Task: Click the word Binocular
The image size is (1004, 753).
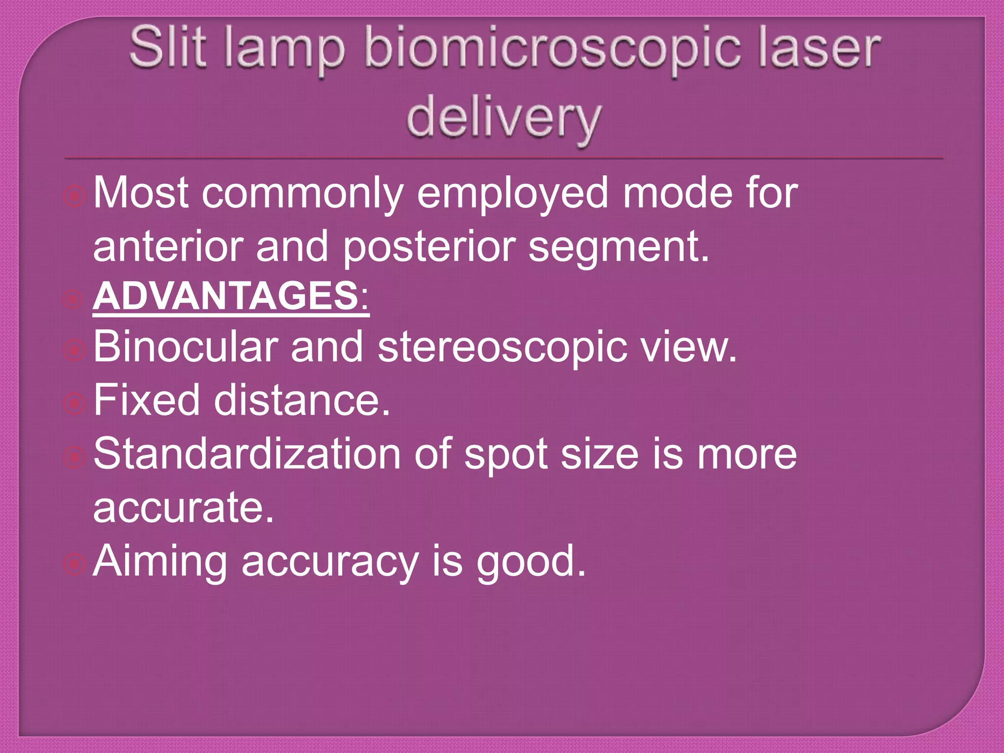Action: (185, 347)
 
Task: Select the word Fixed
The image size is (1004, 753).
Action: (147, 400)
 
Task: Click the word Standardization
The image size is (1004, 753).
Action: (247, 453)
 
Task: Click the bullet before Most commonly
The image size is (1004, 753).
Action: (75, 197)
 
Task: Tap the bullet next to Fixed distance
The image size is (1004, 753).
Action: (75, 403)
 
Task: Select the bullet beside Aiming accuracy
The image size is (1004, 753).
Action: (75, 564)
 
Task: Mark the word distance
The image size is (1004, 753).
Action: (302, 400)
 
